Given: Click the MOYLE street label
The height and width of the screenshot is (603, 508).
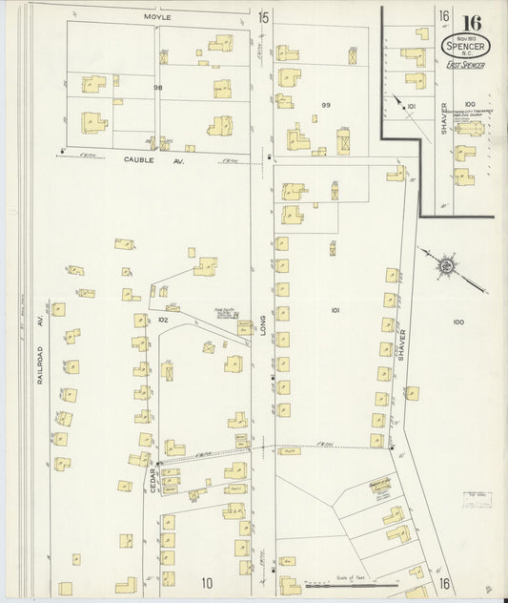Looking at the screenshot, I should coord(156,17).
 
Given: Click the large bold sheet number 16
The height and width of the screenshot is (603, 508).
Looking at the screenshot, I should coord(471,23).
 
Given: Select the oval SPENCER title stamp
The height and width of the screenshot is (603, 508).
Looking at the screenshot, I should coord(462,46).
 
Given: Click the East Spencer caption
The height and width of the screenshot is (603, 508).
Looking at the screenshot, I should coord(464,64).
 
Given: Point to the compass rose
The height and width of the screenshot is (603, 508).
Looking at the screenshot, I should coord(445,263).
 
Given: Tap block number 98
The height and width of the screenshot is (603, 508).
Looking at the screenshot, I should coord(158,87).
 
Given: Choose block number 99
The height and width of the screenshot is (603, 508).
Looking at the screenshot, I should coord(326,104).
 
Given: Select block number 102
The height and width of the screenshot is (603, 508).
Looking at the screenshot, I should coord(162,320).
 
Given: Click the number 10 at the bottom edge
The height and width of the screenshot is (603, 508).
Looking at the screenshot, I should coord(207,582).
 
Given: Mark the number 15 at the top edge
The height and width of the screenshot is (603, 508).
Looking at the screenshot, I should coord(263,17).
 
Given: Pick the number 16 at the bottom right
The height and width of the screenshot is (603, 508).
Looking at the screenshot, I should coord(445,582).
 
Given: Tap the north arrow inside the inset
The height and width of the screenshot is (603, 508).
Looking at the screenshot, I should coord(398,99).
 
